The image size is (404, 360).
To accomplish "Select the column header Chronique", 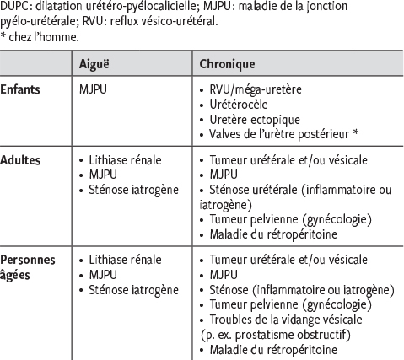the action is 225,64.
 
